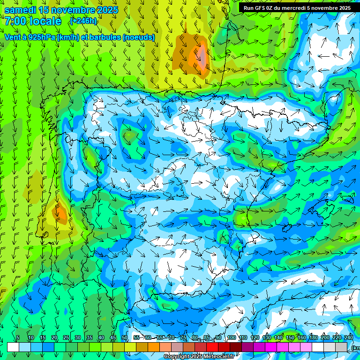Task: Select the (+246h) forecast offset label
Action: click(x=83, y=21)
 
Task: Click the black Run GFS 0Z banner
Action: click(x=297, y=8)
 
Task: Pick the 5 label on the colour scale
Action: click(x=18, y=338)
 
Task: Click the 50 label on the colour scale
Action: click(x=125, y=338)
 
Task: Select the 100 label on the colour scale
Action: click(x=232, y=338)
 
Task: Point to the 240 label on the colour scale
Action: click(x=349, y=338)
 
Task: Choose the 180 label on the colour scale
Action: click(x=312, y=338)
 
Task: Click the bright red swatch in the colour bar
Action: click(x=212, y=347)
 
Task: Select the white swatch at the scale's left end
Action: click(x=13, y=347)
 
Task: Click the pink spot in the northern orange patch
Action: click(x=201, y=55)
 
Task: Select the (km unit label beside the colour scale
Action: click(x=356, y=347)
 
